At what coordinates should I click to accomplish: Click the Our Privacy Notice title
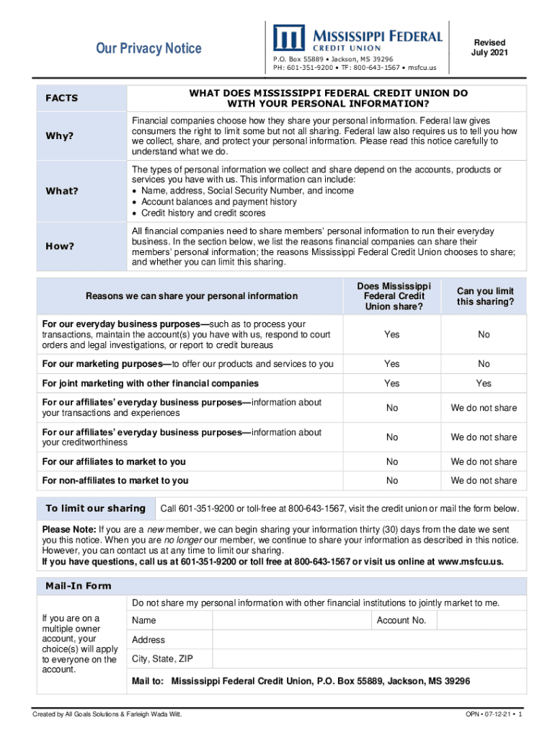[x=149, y=48]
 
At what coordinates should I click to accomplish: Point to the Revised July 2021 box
[x=488, y=48]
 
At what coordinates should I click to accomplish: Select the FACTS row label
[x=62, y=98]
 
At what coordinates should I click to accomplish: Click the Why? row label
[x=60, y=136]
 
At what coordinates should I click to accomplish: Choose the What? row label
[x=62, y=191]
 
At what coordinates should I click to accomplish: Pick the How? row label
[x=60, y=246]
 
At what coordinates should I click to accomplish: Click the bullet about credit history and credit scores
[x=203, y=213]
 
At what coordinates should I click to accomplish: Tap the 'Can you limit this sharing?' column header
[x=484, y=296]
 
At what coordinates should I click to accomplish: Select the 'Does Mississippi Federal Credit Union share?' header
[x=393, y=296]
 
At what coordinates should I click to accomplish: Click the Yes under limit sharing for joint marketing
[x=484, y=383]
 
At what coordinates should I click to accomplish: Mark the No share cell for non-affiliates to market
[x=392, y=480]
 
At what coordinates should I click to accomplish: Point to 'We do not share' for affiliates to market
[x=484, y=461]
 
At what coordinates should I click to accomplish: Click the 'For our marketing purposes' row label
[x=187, y=364]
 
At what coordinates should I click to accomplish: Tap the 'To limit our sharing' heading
[x=96, y=509]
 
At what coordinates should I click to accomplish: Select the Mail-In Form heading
[x=79, y=586]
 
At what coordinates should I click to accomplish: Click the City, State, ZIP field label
[x=162, y=659]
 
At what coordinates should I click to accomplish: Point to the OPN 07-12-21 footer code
[x=494, y=714]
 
